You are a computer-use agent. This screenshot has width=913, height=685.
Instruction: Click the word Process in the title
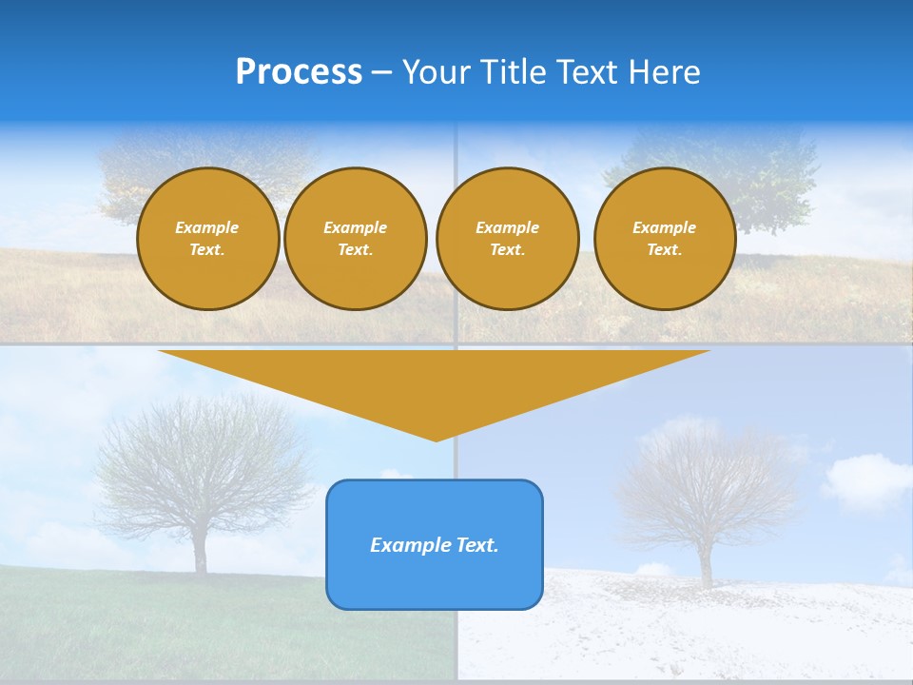299,72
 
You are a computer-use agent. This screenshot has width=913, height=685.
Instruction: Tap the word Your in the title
437,72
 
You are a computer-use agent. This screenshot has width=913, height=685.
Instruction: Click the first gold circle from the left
207,239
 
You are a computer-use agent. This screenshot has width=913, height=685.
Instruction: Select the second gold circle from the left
356,239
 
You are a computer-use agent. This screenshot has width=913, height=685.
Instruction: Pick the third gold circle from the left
507,239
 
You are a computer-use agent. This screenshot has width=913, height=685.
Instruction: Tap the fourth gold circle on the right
665,239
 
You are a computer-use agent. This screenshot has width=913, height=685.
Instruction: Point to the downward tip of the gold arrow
436,438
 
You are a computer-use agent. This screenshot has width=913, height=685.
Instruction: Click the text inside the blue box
435,545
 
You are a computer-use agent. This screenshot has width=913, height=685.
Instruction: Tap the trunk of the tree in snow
706,566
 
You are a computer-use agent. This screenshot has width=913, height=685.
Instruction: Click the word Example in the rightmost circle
665,227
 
